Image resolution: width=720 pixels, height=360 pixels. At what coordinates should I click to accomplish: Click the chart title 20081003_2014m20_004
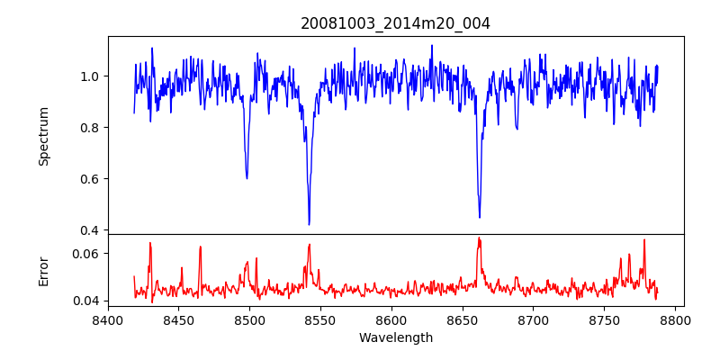tap(395, 23)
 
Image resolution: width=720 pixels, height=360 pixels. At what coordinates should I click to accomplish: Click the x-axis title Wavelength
tap(395, 337)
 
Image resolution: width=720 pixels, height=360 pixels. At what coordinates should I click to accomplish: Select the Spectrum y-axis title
tap(43, 136)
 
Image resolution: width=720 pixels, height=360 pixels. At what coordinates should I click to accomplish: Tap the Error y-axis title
tap(43, 270)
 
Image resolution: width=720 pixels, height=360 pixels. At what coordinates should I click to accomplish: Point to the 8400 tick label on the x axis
tap(108, 319)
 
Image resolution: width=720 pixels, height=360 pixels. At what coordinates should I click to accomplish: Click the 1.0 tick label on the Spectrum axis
tap(90, 76)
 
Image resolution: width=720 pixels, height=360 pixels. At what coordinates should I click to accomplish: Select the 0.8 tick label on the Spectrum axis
tap(90, 127)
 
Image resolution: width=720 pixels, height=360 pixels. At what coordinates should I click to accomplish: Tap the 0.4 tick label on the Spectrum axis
tap(90, 230)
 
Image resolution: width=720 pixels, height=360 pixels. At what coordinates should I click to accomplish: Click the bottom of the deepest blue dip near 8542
tap(309, 224)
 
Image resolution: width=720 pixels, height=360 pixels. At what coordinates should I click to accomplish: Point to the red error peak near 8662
tap(479, 238)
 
